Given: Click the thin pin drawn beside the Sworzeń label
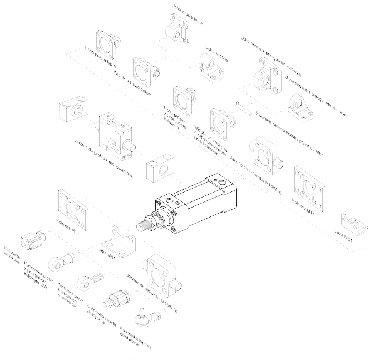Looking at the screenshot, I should tap(243, 107).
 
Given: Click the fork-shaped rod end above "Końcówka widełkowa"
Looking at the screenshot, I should tap(32, 241).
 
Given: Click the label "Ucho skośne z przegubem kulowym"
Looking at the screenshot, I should tap(315, 97).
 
